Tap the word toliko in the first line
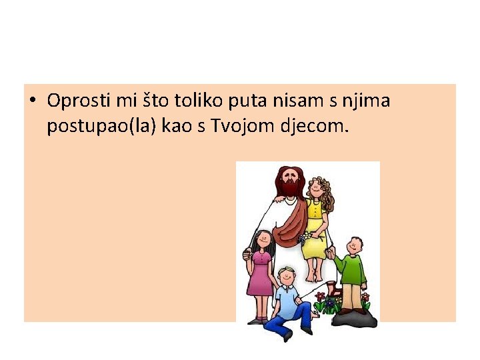click(x=197, y=101)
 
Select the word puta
click(x=249, y=101)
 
